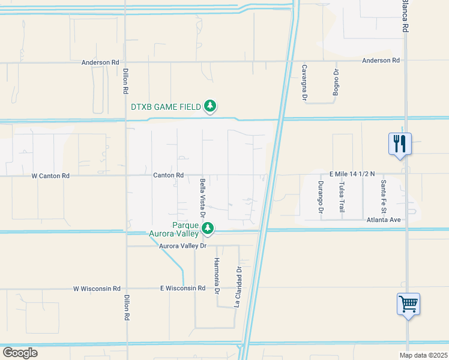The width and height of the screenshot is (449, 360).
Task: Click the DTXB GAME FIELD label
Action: pyautogui.click(x=166, y=107)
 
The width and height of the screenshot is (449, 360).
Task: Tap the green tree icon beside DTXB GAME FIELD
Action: pyautogui.click(x=209, y=107)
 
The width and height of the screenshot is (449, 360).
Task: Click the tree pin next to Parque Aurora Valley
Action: pyautogui.click(x=208, y=228)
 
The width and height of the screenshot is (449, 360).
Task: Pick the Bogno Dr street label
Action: pyautogui.click(x=336, y=82)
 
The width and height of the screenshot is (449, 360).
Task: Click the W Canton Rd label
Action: pyautogui.click(x=50, y=176)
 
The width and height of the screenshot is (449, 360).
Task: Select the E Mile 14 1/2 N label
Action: pyautogui.click(x=351, y=174)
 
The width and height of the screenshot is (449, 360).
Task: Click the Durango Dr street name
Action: pyautogui.click(x=321, y=197)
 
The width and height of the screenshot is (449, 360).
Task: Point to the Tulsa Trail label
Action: pyautogui.click(x=342, y=194)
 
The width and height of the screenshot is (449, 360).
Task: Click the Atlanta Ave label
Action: pyautogui.click(x=384, y=220)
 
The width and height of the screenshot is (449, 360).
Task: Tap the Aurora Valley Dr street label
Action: pyautogui.click(x=182, y=246)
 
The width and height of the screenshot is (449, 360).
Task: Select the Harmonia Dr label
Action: pyautogui.click(x=217, y=276)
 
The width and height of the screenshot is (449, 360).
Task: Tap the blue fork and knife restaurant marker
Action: pyautogui.click(x=400, y=144)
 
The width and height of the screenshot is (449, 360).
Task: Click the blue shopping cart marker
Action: pyautogui.click(x=408, y=304)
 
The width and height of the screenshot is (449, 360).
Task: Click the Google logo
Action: pyautogui.click(x=20, y=353)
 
